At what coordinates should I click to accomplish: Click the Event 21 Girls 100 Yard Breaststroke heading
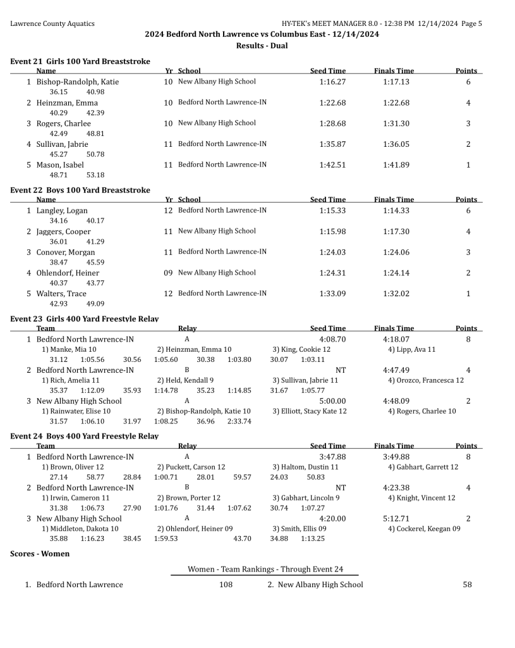(x=80, y=61)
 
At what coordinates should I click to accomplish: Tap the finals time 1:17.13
(x=396, y=82)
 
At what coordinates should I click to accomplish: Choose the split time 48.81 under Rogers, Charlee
(x=95, y=134)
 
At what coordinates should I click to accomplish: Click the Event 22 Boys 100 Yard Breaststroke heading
(x=80, y=190)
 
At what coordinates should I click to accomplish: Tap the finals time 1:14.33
(x=396, y=211)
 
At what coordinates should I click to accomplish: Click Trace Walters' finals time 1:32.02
(x=396, y=294)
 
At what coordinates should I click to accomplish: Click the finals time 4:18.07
(x=396, y=339)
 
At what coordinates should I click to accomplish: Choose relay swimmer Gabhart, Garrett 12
(x=423, y=467)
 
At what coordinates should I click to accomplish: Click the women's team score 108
(x=226, y=585)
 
